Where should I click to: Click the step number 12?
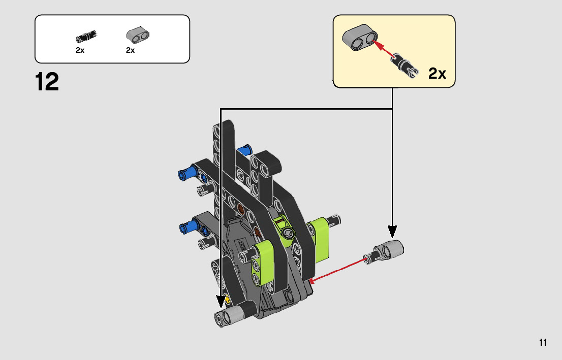point(47,82)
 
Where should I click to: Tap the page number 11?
point(543,342)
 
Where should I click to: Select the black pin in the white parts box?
point(86,36)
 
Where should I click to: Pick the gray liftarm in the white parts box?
point(138,35)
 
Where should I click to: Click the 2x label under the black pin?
point(80,50)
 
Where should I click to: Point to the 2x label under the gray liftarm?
point(130,50)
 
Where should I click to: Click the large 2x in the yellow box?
point(438,73)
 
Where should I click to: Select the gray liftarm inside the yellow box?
point(360,37)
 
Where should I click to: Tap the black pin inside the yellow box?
point(405,65)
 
